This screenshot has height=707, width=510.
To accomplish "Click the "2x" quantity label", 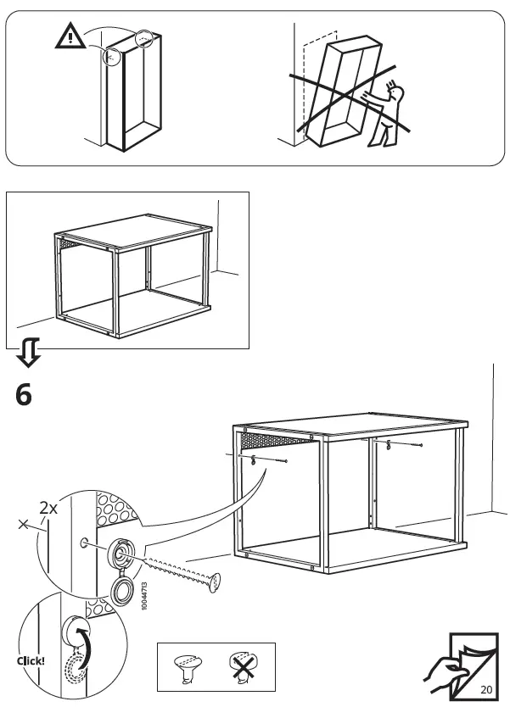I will [x=48, y=509].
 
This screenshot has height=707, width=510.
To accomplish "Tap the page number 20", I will [x=485, y=688].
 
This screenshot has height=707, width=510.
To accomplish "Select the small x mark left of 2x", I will [x=23, y=525].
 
